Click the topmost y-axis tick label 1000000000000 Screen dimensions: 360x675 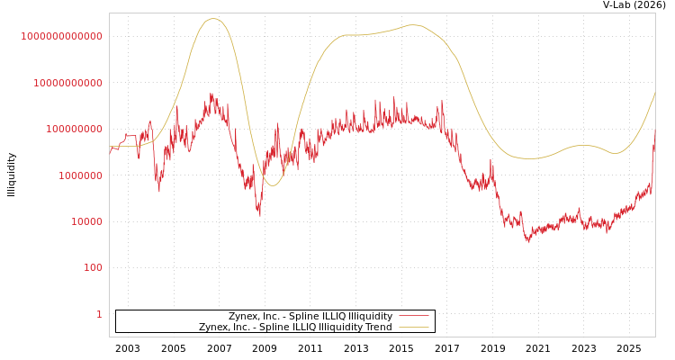61,36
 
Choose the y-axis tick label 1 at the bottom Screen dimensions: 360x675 99,314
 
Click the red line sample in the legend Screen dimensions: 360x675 413,316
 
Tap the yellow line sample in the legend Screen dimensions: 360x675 413,328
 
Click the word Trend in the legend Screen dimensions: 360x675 377,328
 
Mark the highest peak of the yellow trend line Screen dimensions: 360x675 213,18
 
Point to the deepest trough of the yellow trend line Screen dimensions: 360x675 273,185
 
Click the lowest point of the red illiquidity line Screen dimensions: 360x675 528,242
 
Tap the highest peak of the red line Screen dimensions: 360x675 211,93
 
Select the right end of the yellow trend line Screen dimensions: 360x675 655,92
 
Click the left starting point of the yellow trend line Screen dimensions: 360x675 110,146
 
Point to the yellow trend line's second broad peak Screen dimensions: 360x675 413,25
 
